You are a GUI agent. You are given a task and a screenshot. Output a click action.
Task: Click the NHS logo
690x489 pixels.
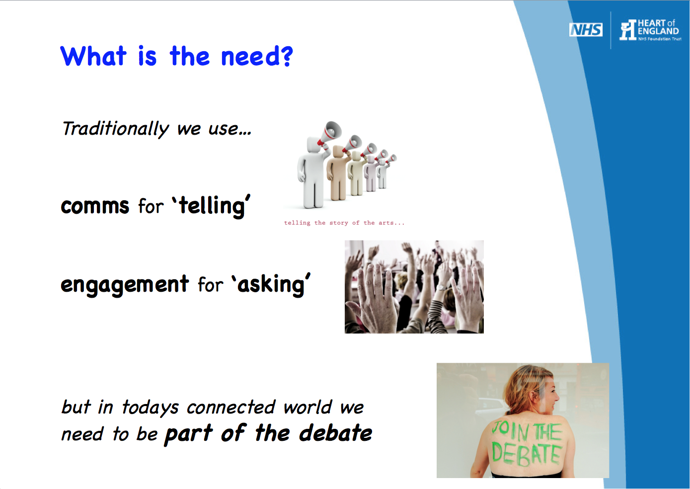(x=586, y=30)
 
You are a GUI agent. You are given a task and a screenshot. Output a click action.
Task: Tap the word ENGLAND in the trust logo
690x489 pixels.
(x=658, y=31)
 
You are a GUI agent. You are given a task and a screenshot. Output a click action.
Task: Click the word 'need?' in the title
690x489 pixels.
(x=257, y=56)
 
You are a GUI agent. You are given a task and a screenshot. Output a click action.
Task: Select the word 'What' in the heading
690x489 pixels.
(x=93, y=56)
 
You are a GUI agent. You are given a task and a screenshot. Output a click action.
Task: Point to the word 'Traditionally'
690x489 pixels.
(x=116, y=129)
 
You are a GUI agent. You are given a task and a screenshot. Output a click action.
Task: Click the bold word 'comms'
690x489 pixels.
(x=95, y=206)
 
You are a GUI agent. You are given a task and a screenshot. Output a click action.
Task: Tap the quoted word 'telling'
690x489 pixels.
(x=211, y=206)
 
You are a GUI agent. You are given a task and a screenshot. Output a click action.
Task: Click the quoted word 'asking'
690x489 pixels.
(x=271, y=284)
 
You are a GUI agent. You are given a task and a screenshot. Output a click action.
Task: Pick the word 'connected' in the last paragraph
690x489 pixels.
(x=230, y=407)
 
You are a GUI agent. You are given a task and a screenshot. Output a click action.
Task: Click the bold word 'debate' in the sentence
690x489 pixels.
(x=335, y=433)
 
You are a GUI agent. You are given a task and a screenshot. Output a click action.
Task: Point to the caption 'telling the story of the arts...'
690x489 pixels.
(x=344, y=223)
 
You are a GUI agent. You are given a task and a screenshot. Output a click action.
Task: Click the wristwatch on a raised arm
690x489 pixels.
(x=442, y=287)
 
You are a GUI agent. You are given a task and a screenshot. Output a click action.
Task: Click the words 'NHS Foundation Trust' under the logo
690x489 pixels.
(x=660, y=39)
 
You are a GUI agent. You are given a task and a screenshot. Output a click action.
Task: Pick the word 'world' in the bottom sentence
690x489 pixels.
(x=307, y=407)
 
